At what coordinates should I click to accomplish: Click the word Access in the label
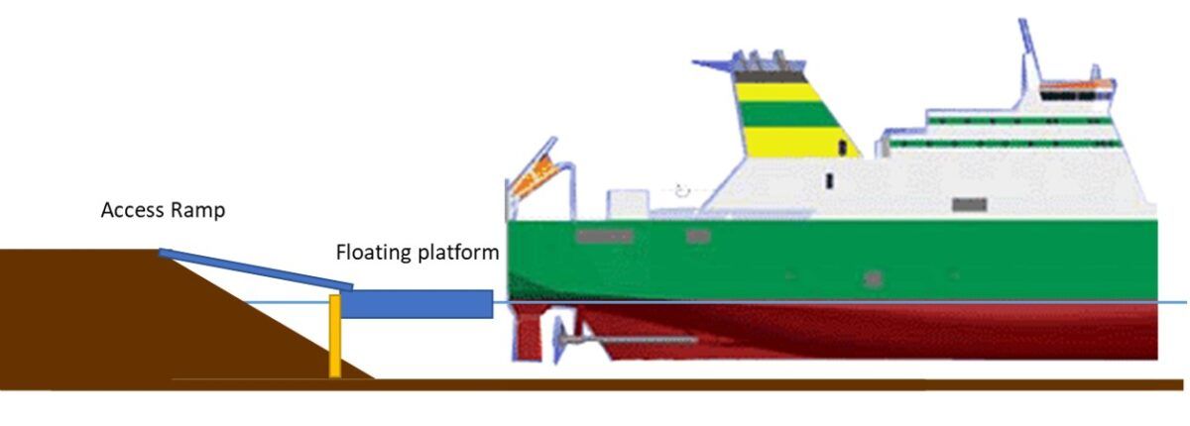(132, 210)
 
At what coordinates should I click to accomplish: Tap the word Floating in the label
(374, 253)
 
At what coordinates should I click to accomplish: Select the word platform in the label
(458, 253)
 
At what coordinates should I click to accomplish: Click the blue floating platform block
(416, 304)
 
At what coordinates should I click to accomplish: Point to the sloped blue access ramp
(256, 269)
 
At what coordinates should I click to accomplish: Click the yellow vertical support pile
(335, 336)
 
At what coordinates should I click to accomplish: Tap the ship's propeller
(561, 340)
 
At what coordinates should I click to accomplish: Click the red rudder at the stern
(528, 333)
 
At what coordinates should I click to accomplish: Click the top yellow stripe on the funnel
(778, 92)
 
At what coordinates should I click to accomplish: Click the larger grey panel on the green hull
(605, 236)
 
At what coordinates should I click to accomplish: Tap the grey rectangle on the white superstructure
(969, 204)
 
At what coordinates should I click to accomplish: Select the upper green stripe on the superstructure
(1020, 122)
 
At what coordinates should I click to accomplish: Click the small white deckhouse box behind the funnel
(628, 204)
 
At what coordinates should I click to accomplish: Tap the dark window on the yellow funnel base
(843, 147)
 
